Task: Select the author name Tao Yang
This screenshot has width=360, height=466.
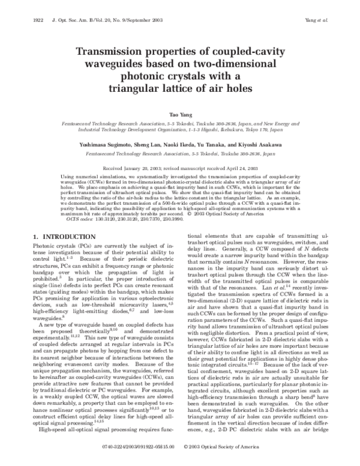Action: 180,113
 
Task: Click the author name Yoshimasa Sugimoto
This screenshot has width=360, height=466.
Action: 112,145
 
